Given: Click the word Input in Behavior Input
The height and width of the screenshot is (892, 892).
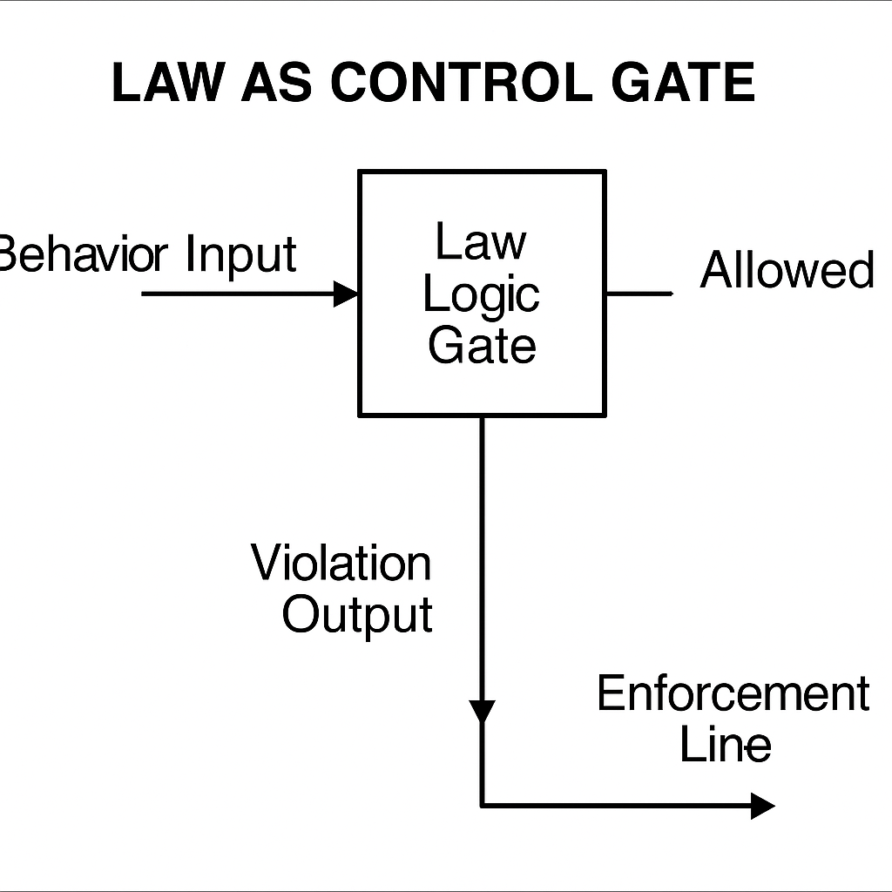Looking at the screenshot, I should point(241,254).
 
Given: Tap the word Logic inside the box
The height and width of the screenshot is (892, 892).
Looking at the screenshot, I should point(482,295).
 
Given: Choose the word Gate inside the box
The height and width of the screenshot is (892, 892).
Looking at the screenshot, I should point(482,345).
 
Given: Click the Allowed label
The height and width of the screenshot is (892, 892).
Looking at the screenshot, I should point(787,270).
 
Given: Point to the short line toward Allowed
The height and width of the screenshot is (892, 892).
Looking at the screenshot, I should point(639,294).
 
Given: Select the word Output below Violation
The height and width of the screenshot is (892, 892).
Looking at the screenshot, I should point(357,614).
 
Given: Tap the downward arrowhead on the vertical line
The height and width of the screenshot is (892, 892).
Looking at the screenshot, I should point(482,710).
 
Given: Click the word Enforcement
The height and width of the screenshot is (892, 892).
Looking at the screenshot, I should point(733,694).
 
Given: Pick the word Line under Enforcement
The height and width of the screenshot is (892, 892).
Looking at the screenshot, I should point(725,745).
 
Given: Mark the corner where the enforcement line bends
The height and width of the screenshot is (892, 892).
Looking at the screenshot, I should point(482,806).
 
